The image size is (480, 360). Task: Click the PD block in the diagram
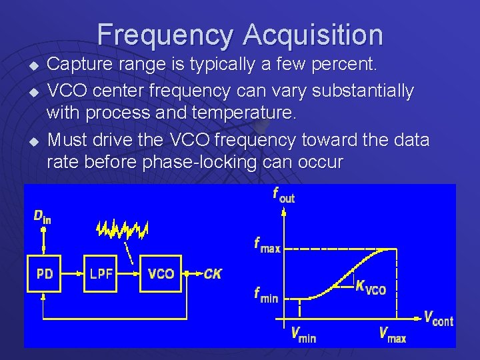point(45,273)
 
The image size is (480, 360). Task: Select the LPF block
point(101,273)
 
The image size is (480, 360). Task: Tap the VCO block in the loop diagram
point(161,273)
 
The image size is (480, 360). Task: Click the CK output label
point(213,273)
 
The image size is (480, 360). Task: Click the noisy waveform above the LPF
point(122,229)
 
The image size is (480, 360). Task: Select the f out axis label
point(283,195)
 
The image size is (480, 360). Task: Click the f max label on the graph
point(267,245)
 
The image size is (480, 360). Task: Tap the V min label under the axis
point(303,334)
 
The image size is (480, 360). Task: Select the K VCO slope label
point(371,287)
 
